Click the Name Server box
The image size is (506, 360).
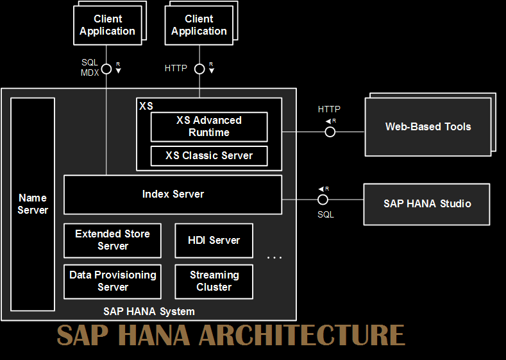33,204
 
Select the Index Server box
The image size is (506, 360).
173,194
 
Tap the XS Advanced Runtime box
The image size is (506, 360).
209,126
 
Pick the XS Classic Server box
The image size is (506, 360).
209,155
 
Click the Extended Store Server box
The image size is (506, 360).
112,240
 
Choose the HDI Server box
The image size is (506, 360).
214,240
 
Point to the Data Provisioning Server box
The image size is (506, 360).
112,281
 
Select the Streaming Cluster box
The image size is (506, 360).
214,281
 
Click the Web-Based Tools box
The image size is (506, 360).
428,126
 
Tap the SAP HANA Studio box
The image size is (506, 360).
427,203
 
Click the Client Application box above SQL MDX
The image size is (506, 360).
107,25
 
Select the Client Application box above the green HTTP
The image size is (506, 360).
199,25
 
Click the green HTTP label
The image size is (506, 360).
176,68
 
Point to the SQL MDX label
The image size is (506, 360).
90,67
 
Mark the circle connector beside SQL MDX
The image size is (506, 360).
106,68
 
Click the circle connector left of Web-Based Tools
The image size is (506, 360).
330,132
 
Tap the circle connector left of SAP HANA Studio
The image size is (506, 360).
323,200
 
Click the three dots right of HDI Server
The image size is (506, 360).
274,257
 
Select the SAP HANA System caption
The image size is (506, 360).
149,311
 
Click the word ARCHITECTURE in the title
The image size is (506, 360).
301,336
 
